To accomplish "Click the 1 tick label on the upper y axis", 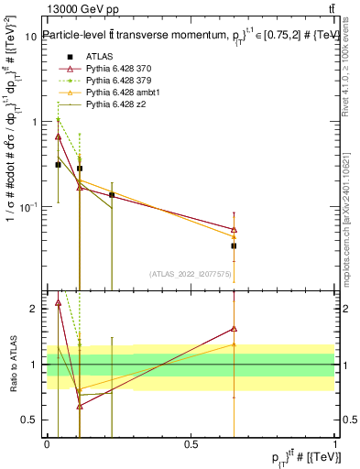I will pos(34,121).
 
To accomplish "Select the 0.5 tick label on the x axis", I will pos(191,444).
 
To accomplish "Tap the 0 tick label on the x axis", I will pos(47,444).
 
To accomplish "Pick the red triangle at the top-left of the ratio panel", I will pos(59,302).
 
